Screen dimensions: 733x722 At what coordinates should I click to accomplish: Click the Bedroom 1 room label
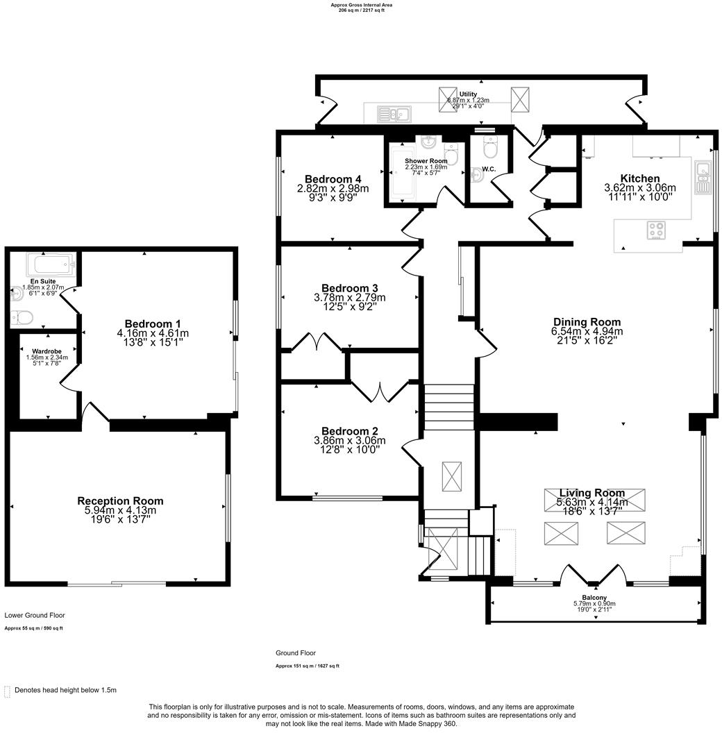point(153,324)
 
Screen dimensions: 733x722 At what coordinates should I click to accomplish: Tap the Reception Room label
point(120,500)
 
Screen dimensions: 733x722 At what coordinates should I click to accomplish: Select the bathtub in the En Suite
point(49,264)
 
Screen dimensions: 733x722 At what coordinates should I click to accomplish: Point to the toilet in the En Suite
point(22,318)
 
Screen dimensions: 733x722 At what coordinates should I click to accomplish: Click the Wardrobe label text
point(47,351)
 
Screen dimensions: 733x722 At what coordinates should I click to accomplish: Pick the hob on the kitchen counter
point(657,230)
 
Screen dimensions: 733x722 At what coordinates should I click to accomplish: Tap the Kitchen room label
point(640,178)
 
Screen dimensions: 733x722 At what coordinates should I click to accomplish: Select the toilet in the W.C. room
point(490,148)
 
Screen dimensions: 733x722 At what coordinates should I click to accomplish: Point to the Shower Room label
point(426,161)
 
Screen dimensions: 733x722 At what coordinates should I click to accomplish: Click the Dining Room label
point(587,322)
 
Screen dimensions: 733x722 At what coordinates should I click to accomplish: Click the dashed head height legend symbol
point(8,690)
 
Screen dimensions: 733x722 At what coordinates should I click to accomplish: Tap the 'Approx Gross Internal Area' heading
point(361,5)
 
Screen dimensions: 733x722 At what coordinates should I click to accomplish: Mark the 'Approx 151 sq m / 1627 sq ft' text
point(308,666)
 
